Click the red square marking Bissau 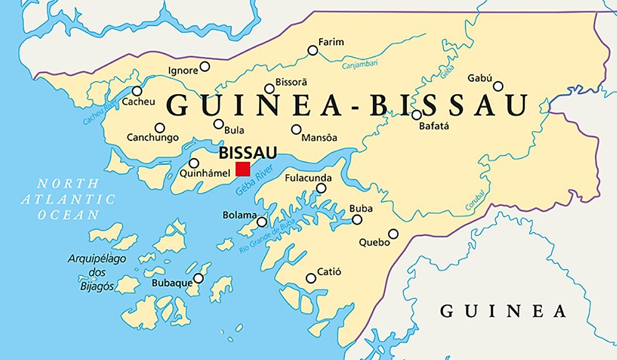[x=243, y=169]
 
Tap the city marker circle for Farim [x=313, y=50]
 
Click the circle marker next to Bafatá [x=417, y=115]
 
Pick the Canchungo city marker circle [x=160, y=128]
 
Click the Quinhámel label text [x=204, y=174]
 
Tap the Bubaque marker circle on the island [x=199, y=278]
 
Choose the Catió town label [x=329, y=272]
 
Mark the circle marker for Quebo [x=393, y=234]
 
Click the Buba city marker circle [x=357, y=219]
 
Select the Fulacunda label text [x=308, y=178]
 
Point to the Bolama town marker [x=262, y=222]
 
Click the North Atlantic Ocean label [x=68, y=199]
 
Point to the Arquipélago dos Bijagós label [x=97, y=273]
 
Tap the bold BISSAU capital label [x=248, y=153]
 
